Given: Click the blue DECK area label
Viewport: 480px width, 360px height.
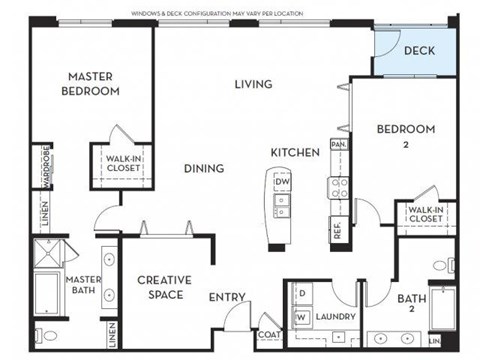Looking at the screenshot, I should [x=419, y=50].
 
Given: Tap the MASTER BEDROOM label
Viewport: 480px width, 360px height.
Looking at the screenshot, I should [x=94, y=83].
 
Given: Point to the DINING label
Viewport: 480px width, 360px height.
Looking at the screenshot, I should [x=203, y=168].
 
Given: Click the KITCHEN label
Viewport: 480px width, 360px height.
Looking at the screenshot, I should [x=295, y=152].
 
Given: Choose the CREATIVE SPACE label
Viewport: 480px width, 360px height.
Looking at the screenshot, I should [x=164, y=288].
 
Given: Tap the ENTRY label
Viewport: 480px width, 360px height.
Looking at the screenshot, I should [x=228, y=296].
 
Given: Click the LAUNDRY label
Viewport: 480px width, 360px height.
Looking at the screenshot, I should [x=335, y=317].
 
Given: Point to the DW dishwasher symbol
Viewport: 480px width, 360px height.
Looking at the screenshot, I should [x=283, y=181].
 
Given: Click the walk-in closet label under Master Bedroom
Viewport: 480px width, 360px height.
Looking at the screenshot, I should [x=124, y=163].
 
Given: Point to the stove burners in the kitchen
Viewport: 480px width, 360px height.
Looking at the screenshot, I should [x=339, y=189].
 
